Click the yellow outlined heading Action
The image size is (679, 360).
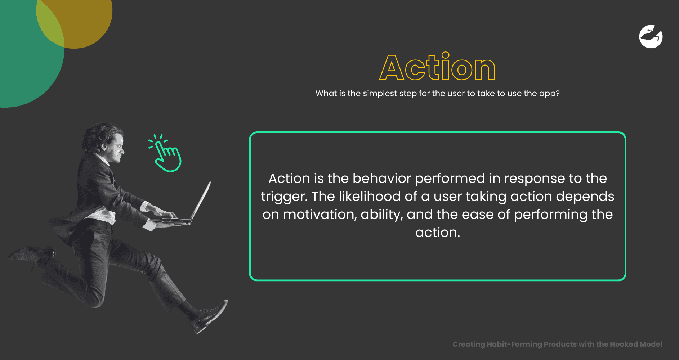point(437,67)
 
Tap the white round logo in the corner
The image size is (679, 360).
point(651,36)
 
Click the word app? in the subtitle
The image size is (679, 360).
point(549,94)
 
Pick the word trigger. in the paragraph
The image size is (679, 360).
point(284,197)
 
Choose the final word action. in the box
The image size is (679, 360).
point(438,233)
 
